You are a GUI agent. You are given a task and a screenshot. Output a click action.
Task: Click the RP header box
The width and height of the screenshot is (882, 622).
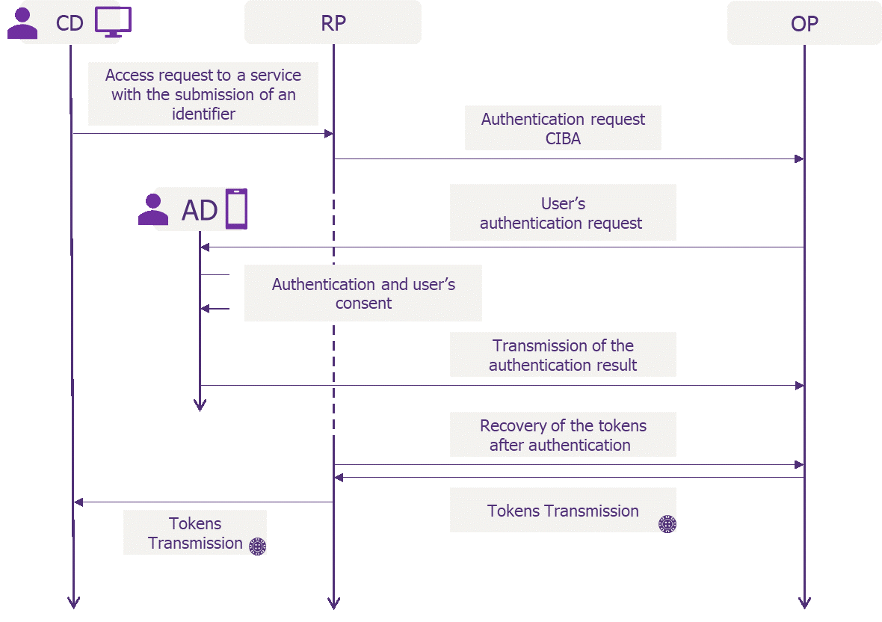tap(333, 22)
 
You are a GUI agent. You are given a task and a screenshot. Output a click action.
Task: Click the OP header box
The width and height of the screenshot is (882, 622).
tap(804, 23)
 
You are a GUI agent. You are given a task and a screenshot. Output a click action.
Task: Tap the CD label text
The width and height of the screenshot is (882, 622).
tap(70, 23)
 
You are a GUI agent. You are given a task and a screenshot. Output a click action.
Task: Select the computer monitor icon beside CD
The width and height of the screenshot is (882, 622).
tap(113, 22)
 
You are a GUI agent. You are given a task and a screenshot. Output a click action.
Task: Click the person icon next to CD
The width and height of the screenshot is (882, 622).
tap(22, 23)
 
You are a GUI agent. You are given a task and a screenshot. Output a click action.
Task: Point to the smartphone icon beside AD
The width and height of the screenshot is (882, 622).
tap(236, 209)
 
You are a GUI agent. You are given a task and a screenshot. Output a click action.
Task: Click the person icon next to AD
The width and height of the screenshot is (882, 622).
tap(153, 209)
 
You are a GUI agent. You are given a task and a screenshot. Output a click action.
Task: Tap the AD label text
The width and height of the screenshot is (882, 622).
tap(199, 210)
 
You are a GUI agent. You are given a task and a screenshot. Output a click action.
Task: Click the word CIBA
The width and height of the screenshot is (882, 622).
tap(563, 138)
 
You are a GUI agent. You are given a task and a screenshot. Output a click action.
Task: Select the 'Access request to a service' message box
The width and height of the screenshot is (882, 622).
tap(203, 94)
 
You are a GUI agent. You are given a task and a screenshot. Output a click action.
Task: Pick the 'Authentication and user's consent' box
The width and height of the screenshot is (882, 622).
tap(363, 293)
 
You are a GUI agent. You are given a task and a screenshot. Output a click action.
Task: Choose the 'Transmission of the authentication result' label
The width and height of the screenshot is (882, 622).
tap(563, 355)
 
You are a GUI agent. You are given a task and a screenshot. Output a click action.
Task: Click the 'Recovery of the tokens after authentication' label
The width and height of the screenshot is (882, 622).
tap(563, 434)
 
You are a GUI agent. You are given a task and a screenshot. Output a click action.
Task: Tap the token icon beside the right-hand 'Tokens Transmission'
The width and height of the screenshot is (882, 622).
tap(667, 523)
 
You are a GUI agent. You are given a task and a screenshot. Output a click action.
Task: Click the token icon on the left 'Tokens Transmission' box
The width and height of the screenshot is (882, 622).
tap(258, 546)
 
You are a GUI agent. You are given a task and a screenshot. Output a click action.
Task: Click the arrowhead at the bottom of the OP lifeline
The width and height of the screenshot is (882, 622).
tap(804, 603)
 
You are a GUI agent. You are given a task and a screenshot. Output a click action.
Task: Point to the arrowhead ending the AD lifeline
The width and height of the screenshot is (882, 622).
tap(200, 405)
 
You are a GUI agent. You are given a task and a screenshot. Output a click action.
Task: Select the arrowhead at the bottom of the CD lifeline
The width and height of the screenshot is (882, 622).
tap(73, 603)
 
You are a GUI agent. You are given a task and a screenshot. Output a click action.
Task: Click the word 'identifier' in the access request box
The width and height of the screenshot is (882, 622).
tap(203, 114)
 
